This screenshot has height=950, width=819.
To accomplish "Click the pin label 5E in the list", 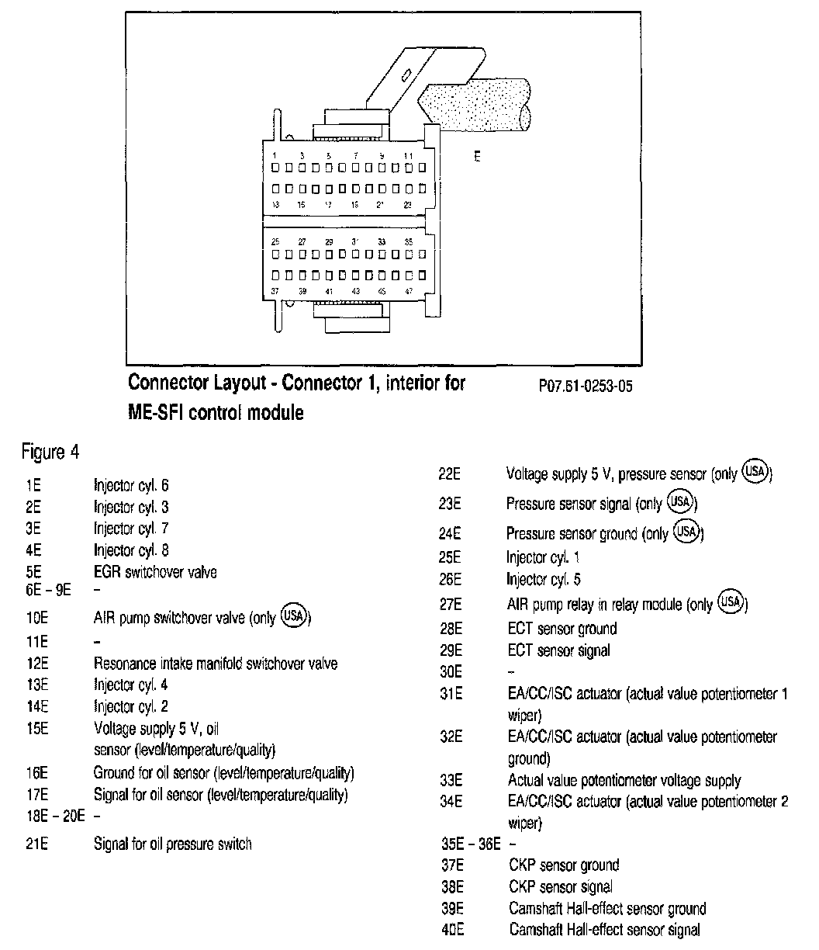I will [33, 572].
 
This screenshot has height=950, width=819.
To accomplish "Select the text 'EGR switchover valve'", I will [154, 572].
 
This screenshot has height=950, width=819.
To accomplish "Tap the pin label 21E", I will [36, 844].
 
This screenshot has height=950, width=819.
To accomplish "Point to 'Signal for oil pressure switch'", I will [172, 844].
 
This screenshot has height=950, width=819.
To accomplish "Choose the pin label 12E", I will [36, 664].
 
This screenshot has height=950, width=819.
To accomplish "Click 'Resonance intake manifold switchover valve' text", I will [215, 664].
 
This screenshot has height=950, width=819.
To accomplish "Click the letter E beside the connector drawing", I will [477, 156].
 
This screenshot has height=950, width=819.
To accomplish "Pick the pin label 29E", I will [451, 650].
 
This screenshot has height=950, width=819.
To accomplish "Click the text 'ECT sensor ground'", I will [562, 629].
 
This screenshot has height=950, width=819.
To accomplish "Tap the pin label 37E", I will [451, 865].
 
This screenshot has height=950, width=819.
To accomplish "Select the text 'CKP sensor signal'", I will [561, 886].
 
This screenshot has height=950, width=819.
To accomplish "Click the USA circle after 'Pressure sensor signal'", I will [680, 502].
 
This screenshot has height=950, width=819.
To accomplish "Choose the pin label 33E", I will [451, 780].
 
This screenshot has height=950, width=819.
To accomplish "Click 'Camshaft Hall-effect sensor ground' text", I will [607, 908].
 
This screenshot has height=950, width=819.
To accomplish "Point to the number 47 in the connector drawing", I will [409, 291].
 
